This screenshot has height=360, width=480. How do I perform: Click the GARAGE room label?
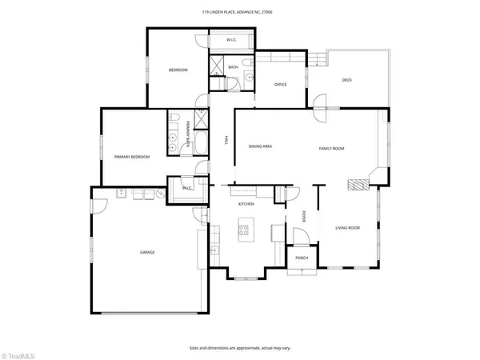pos(147,252)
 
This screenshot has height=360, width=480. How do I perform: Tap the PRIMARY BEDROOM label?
pos(132,157)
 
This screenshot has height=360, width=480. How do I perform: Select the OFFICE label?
pos(280,84)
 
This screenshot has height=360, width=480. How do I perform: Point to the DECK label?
pos(346,80)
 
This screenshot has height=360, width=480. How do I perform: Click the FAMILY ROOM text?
pos(331,149)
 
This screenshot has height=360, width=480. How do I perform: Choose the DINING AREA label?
pos(261,146)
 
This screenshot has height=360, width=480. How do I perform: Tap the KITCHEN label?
pos(246,205)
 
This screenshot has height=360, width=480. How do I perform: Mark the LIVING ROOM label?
pos(347,228)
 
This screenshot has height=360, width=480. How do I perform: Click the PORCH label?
pos(302,258)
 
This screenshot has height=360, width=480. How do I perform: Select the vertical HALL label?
pos(226,141)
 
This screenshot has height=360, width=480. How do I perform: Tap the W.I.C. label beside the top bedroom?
pos(230,39)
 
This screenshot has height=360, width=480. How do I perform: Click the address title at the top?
pos(240,12)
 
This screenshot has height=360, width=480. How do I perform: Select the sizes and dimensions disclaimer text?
pos(239,348)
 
